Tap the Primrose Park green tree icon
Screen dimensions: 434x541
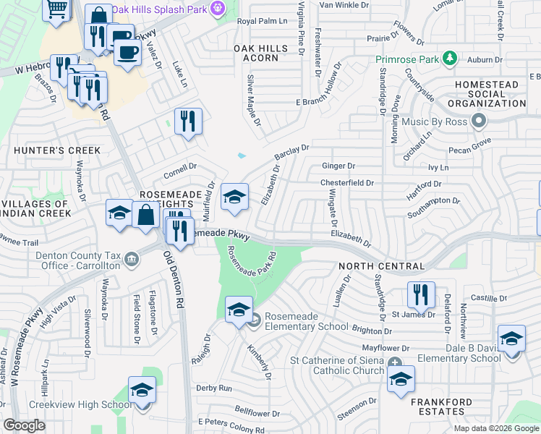coord(450,58)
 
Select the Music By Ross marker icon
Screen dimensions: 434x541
coord(477,122)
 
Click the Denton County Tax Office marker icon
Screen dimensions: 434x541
coord(131,258)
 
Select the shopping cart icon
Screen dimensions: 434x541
coord(57,9)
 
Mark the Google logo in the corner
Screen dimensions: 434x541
coord(25,425)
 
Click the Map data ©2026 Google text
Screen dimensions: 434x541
coord(496,428)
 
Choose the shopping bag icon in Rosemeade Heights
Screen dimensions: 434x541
coord(145,215)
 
